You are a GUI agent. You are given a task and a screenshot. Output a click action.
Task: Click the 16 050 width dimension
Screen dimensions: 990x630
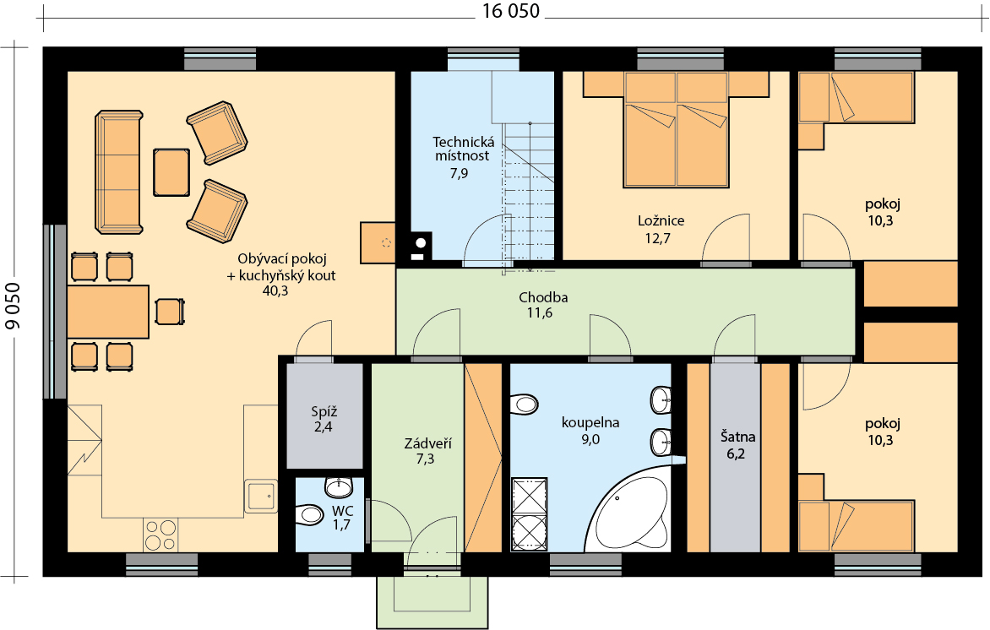pyautogui.click(x=511, y=11)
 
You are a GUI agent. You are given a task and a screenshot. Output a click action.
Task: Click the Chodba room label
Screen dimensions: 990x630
pyautogui.click(x=543, y=297)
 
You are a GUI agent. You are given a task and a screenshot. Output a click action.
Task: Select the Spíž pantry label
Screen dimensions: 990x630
pyautogui.click(x=324, y=412)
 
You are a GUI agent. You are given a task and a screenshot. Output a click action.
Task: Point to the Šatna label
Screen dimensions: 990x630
pyautogui.click(x=737, y=437)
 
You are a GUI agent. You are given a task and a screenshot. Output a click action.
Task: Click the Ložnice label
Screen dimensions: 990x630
pyautogui.click(x=661, y=221)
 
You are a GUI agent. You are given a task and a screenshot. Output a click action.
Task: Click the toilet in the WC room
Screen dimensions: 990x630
pyautogui.click(x=310, y=513)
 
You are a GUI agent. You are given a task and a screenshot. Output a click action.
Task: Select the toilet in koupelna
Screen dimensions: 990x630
pyautogui.click(x=524, y=404)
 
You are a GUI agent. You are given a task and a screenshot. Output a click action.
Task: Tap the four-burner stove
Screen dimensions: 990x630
pyautogui.click(x=160, y=535)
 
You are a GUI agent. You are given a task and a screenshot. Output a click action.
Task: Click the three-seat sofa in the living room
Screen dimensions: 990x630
pyautogui.click(x=119, y=172)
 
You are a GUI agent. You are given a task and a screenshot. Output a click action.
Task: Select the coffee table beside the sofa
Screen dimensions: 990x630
pyautogui.click(x=171, y=172)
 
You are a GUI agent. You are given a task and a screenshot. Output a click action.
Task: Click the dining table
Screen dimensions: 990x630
pyautogui.click(x=108, y=312)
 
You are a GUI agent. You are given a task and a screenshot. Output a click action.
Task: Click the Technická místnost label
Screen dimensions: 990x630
pyautogui.click(x=464, y=149)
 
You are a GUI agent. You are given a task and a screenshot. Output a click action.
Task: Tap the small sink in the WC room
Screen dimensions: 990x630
pyautogui.click(x=339, y=486)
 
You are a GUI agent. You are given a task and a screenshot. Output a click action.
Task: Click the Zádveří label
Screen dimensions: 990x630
pyautogui.click(x=428, y=443)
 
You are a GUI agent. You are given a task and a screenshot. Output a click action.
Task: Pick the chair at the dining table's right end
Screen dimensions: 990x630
pyautogui.click(x=169, y=312)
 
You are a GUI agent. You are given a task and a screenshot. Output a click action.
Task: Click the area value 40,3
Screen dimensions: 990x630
pyautogui.click(x=275, y=291)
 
